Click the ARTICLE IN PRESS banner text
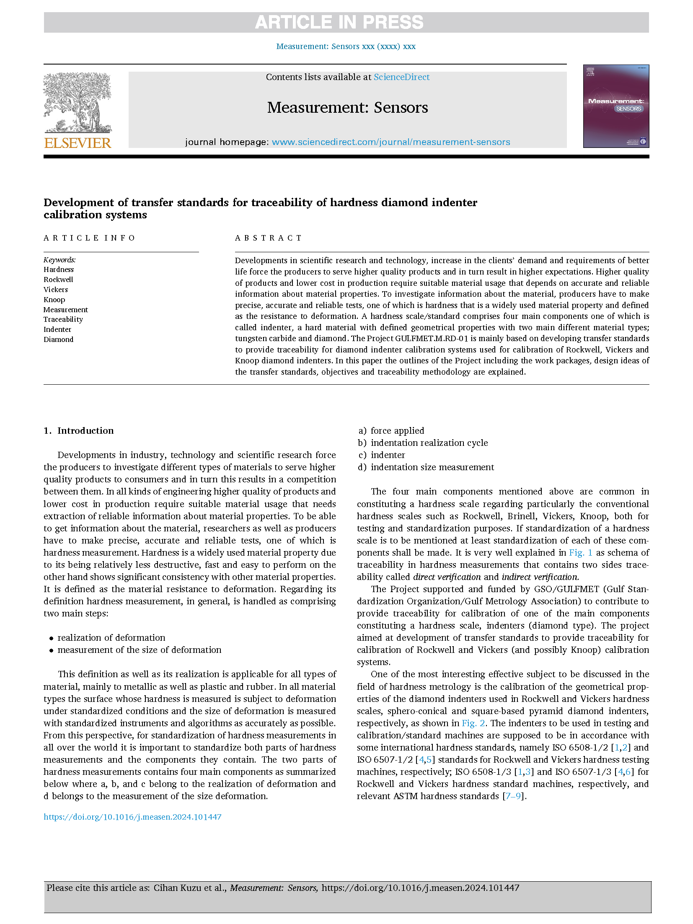coord(339,22)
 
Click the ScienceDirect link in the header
coord(401,77)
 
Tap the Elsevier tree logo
coord(78,103)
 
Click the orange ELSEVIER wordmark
coord(78,143)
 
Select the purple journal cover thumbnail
coord(615,106)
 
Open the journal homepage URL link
coord(390,142)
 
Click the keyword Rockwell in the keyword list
coord(58,280)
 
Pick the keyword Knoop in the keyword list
coord(54,300)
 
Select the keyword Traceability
coord(63,319)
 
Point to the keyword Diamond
coord(58,339)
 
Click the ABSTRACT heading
coord(268,238)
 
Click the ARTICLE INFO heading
coord(89,238)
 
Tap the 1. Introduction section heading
coord(79,431)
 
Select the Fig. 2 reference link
coord(473,723)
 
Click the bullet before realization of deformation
coord(51,638)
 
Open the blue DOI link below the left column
coord(132,817)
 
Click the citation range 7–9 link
coord(513,796)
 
